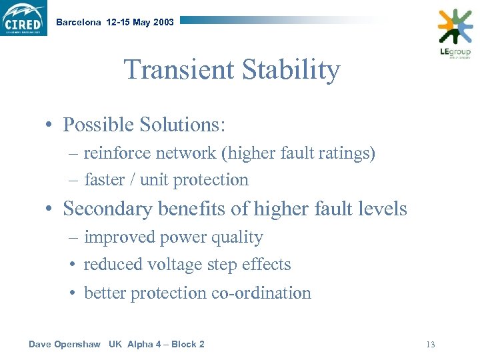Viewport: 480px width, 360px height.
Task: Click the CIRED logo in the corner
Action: [24, 18]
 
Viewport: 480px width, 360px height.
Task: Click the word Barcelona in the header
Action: [79, 22]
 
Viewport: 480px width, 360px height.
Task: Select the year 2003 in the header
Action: [163, 22]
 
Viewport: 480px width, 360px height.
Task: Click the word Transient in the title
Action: [175, 70]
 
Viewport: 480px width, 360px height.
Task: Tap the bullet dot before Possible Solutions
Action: [50, 125]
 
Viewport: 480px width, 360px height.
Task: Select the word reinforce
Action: [117, 153]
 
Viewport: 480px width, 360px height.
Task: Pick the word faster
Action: [105, 180]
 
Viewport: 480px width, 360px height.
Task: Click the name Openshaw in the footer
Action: [76, 344]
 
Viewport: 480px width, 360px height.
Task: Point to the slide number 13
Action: [430, 345]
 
